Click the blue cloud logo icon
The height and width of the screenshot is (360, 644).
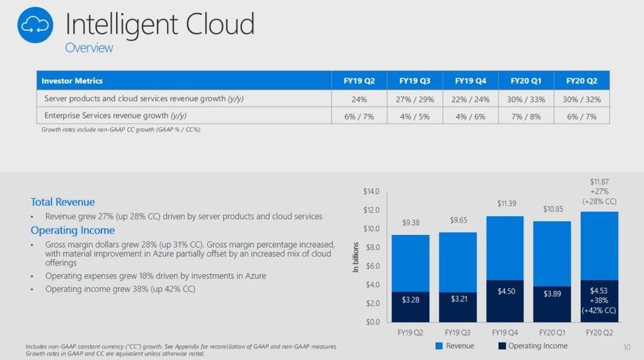[35, 25]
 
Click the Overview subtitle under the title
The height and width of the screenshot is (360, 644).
[89, 48]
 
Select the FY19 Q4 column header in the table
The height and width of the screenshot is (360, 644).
[470, 81]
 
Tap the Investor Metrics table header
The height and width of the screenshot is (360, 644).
[72, 81]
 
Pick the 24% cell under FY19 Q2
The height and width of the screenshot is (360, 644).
[359, 99]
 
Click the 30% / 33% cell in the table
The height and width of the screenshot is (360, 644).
[526, 99]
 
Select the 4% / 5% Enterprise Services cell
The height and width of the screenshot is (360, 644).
[415, 117]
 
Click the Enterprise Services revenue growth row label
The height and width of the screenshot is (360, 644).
[115, 116]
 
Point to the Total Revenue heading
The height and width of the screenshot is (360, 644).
[63, 202]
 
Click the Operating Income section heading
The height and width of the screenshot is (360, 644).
[72, 230]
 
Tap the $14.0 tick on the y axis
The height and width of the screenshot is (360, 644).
[371, 191]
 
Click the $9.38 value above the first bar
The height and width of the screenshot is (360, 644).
[410, 223]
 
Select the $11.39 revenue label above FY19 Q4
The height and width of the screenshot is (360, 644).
[506, 204]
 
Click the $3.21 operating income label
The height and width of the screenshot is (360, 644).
[458, 299]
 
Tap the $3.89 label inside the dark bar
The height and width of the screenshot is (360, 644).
[552, 294]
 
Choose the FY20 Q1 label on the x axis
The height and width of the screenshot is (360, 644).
[552, 333]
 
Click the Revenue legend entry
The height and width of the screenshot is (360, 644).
[455, 346]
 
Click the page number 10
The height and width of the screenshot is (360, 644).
[627, 348]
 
